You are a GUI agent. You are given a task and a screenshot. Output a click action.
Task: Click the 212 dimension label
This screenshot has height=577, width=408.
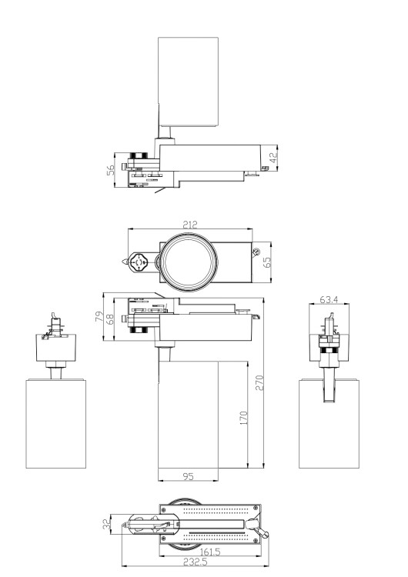(190, 224)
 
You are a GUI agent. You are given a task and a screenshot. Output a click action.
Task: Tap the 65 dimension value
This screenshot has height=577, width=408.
(267, 262)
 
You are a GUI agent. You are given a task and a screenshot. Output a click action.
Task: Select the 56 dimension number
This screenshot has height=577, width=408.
(111, 170)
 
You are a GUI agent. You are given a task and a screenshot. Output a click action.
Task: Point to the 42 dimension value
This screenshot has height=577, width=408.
(273, 158)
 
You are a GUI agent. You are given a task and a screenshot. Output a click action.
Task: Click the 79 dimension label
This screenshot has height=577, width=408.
(99, 316)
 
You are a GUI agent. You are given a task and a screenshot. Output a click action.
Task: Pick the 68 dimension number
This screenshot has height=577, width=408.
(110, 319)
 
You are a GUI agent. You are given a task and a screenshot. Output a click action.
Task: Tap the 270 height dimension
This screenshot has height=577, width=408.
(259, 382)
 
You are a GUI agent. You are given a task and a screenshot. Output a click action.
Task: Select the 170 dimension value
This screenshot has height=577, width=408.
(243, 419)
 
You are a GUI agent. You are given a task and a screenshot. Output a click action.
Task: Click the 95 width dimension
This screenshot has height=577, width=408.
(188, 476)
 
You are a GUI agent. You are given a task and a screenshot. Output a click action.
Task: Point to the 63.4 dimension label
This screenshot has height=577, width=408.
(329, 299)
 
